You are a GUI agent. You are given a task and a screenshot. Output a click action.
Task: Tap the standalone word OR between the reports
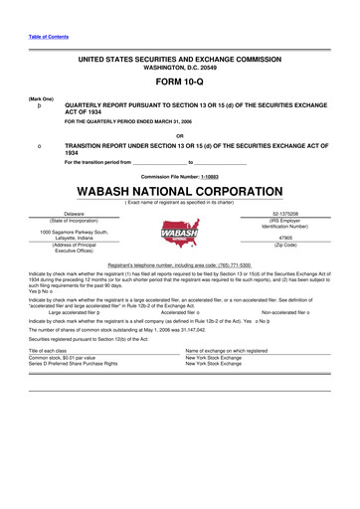(179, 136)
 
